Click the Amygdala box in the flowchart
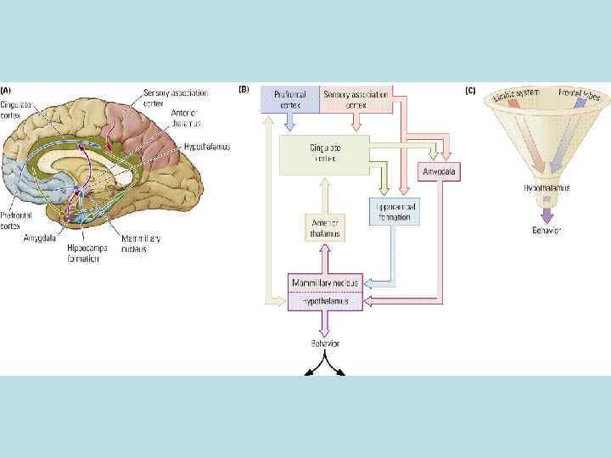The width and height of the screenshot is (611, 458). pos(440,172)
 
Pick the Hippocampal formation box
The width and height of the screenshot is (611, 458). pos(394,211)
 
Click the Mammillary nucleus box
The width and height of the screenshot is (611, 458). pos(326,282)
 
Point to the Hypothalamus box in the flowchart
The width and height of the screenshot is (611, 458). pos(326,299)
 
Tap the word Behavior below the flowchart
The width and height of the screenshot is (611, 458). pos(324,343)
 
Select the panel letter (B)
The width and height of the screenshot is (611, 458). pos(245,89)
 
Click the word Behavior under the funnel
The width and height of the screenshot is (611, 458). pos(545,231)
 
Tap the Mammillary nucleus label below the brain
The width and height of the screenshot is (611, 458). pos(140,244)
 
